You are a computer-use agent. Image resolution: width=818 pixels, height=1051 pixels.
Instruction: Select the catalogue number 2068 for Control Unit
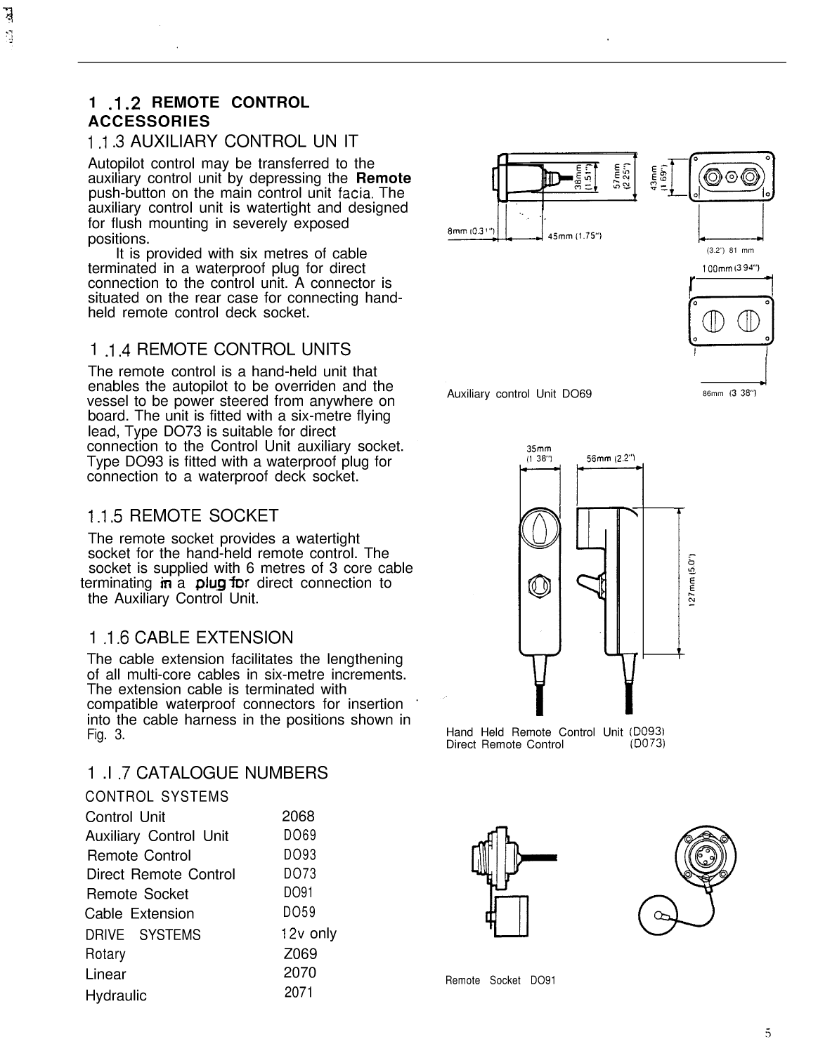coord(298,817)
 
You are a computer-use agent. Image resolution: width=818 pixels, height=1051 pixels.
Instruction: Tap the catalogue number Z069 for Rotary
coord(300,954)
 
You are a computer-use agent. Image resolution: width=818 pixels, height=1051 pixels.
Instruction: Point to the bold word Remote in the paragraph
coord(384,178)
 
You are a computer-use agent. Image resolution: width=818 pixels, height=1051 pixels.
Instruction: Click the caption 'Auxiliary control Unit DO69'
coord(519,394)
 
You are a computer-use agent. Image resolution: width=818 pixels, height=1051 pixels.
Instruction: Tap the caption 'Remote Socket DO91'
coord(500,980)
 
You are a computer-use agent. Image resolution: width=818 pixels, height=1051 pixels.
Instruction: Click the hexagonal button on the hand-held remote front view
coord(540,583)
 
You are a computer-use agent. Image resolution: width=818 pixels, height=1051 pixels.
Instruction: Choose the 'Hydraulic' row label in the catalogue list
coord(116,996)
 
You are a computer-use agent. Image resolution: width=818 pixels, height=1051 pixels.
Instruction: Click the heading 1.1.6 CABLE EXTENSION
coord(191,638)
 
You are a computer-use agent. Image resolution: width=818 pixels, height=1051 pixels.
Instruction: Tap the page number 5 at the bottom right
coord(768,1032)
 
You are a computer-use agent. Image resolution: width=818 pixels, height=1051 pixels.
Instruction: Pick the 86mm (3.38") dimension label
coord(728,393)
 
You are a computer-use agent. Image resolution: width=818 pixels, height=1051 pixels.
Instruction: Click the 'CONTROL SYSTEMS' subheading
coord(157,797)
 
